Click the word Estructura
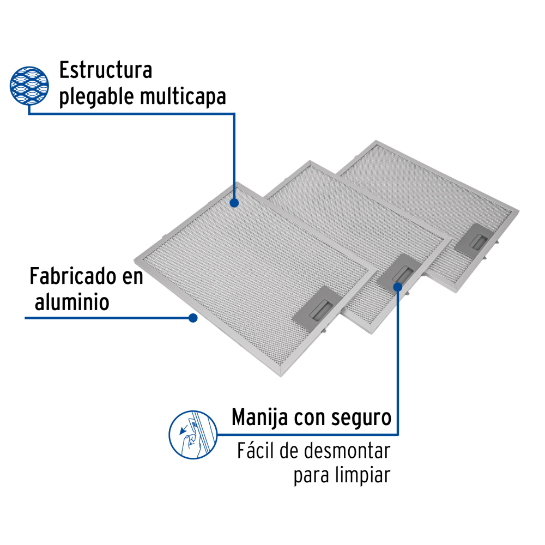click(106, 70)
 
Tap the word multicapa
click(183, 97)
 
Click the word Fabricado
click(73, 276)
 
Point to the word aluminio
click(72, 302)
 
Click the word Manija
click(259, 417)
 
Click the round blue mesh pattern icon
click(29, 86)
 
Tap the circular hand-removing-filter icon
click(193, 434)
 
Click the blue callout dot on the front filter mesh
click(234, 203)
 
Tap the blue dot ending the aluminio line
click(193, 318)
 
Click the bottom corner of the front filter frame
click(281, 376)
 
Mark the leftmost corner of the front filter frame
click(135, 260)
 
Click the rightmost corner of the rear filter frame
click(519, 210)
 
